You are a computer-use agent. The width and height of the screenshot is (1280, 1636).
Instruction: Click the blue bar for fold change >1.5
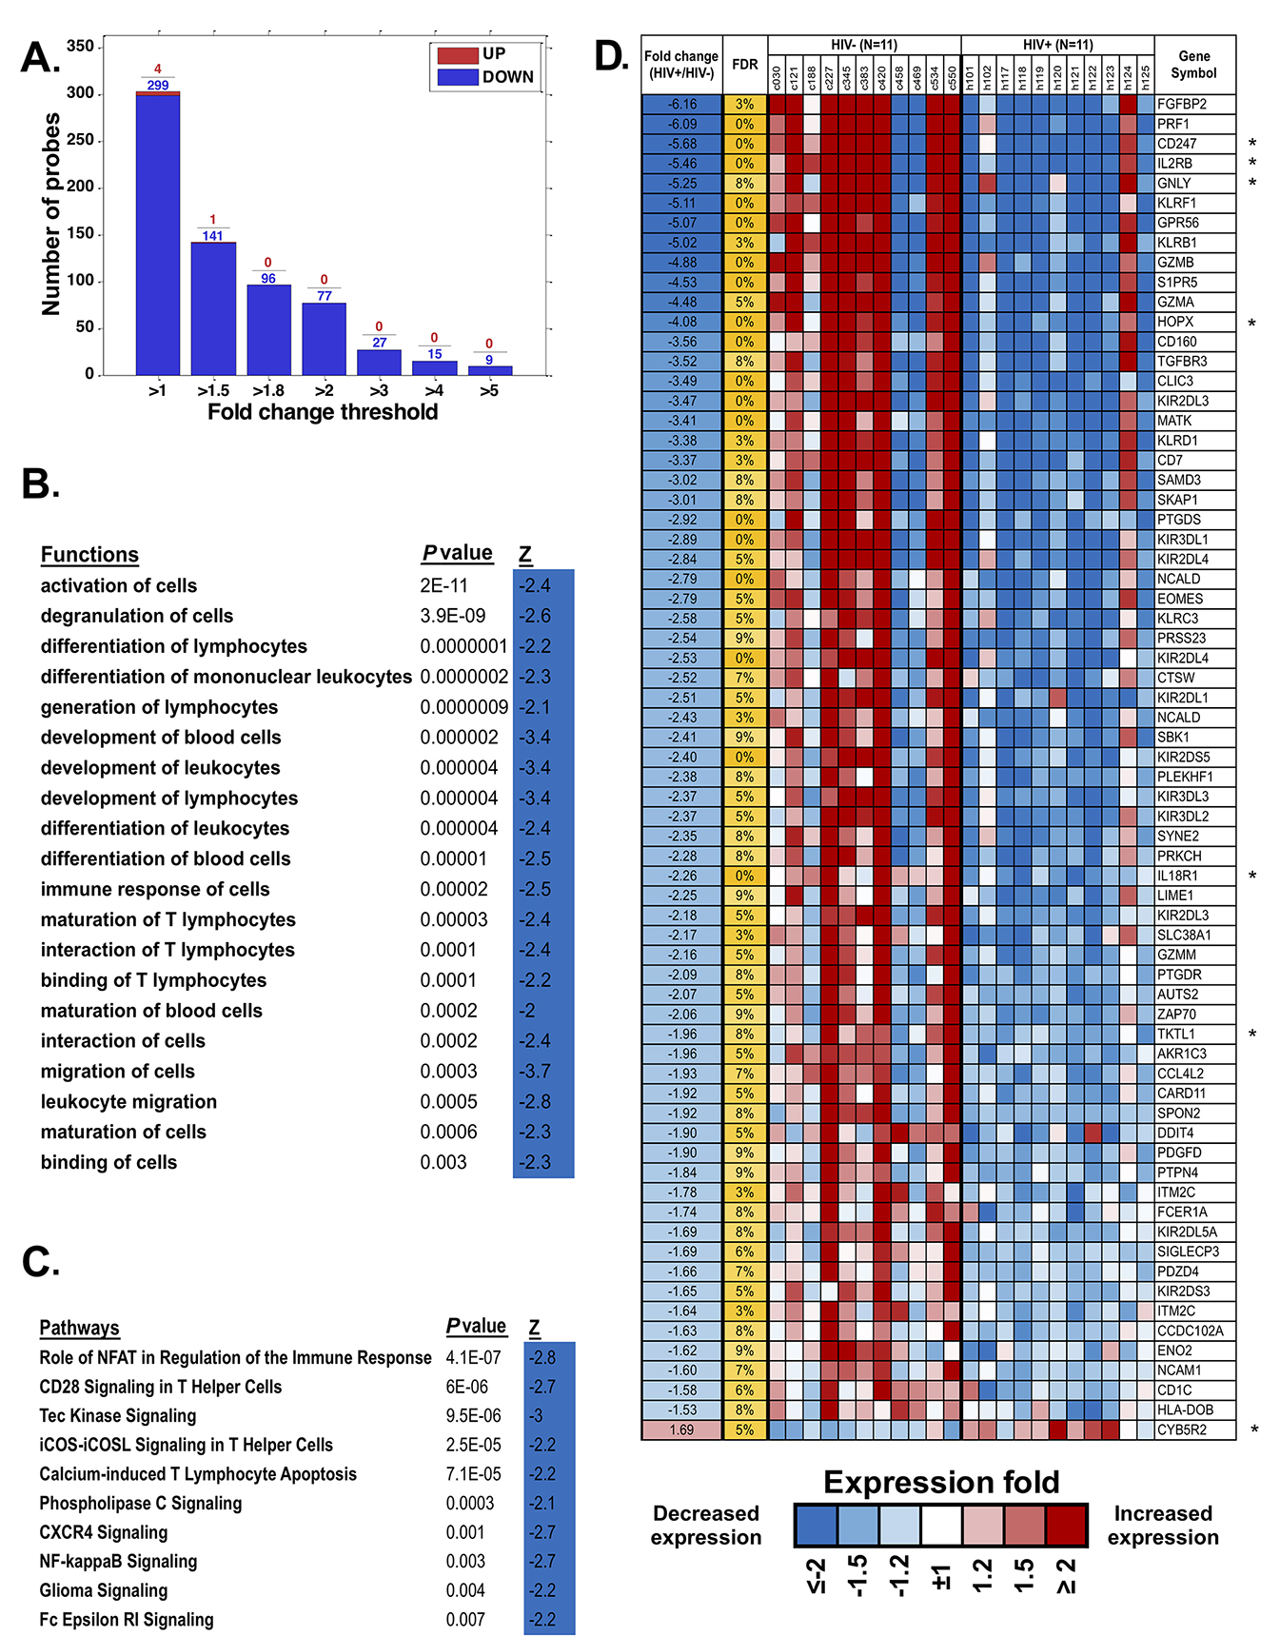(213, 308)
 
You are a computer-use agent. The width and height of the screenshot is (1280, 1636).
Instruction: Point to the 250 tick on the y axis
(81, 140)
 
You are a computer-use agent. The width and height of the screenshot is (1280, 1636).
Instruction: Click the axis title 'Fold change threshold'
(323, 412)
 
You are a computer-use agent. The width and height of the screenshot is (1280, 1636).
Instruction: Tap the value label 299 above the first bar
(158, 86)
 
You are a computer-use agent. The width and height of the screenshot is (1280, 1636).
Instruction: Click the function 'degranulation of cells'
(137, 616)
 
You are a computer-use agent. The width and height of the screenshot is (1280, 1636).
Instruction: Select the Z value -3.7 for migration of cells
(535, 1072)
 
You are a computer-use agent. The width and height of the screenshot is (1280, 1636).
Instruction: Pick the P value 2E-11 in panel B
(444, 585)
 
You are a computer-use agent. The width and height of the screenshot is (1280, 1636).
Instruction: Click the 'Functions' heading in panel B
(89, 555)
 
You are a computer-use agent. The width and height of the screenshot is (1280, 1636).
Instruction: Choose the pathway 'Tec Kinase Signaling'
(118, 1416)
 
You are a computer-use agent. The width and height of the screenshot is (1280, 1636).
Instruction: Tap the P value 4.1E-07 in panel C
(473, 1358)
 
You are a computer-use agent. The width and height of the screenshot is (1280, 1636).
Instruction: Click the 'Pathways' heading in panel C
(79, 1329)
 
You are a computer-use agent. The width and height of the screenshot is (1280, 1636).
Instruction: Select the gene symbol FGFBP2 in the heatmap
(1182, 104)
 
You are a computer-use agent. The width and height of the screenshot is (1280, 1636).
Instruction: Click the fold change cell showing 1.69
(681, 1429)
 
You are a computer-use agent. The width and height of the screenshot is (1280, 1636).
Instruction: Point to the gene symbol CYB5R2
(1182, 1429)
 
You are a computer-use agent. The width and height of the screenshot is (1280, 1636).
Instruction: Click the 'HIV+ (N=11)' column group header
(1057, 45)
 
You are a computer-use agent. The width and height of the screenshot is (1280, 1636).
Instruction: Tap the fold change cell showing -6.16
(681, 104)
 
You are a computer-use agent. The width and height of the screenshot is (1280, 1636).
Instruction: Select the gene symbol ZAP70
(1176, 1015)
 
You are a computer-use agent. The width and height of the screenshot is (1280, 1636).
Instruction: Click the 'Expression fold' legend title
(941, 1483)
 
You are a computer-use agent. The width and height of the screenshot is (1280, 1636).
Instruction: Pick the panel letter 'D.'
(611, 57)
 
